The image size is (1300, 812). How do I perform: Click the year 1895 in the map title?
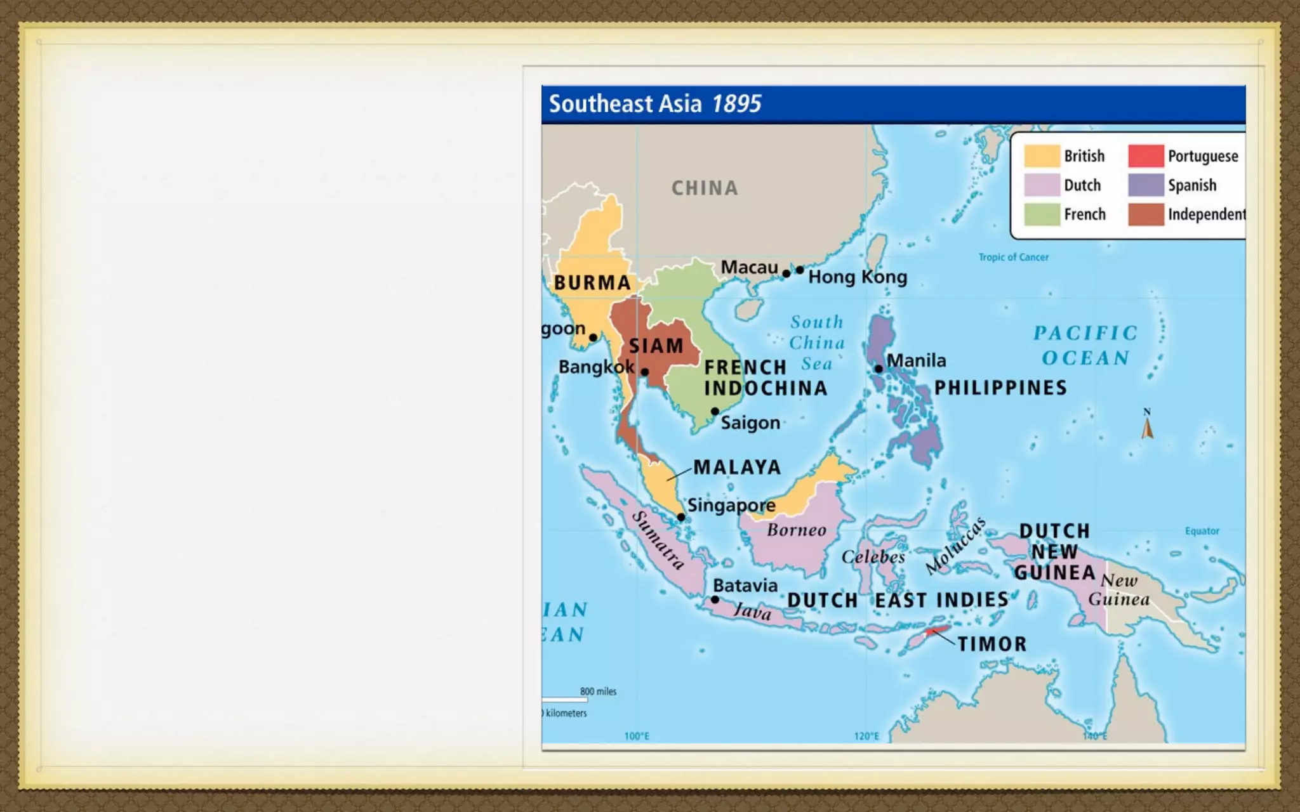(736, 103)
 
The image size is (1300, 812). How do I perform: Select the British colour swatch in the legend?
(1042, 156)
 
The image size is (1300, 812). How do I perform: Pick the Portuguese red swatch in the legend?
(1146, 156)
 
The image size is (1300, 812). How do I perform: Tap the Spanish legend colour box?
(1146, 185)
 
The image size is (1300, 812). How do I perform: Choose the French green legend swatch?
(1042, 214)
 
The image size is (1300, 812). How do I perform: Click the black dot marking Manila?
(879, 369)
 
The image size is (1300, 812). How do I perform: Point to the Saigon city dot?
(715, 411)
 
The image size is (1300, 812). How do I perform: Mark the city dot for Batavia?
(715, 599)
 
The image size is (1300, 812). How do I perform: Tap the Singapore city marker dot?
(681, 517)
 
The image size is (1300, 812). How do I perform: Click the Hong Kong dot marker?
(800, 270)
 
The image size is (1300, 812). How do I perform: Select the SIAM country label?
(656, 346)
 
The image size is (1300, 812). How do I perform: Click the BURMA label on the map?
(592, 282)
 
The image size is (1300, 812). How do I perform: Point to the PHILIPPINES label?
(1000, 388)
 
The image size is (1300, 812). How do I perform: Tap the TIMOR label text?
(992, 644)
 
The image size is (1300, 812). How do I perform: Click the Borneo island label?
(797, 530)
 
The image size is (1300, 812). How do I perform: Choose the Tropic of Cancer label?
(1013, 257)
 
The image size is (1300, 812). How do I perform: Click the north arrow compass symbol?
(1147, 426)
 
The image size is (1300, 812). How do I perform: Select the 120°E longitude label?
(866, 736)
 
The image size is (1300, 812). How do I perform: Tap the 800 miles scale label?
(598, 691)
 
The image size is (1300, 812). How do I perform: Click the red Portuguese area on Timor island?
(937, 631)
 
